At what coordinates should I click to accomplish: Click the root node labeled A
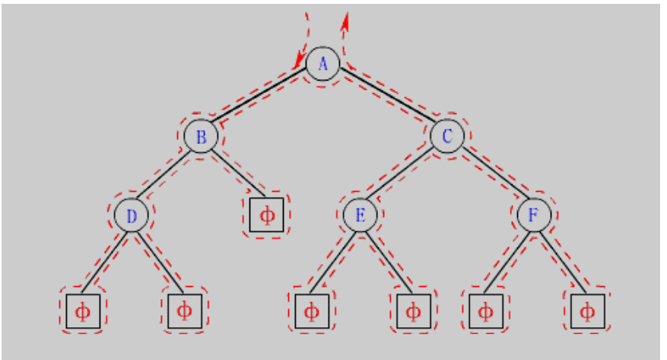tap(322, 63)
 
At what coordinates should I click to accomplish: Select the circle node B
tap(202, 137)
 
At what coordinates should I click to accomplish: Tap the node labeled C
tap(447, 137)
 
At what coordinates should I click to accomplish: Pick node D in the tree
tap(131, 216)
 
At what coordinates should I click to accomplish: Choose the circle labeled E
tap(360, 216)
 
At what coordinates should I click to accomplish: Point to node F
tap(534, 216)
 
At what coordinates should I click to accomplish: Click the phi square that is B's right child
tap(267, 215)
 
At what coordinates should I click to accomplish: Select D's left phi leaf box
tap(83, 311)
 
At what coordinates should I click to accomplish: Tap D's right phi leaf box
tap(184, 311)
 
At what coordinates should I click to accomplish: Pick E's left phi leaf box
tap(312, 311)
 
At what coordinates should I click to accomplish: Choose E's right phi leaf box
tap(413, 311)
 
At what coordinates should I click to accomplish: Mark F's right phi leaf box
tap(587, 311)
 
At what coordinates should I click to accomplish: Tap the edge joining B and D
tap(167, 177)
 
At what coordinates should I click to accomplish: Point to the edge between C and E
tap(404, 177)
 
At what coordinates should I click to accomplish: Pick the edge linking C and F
tap(491, 177)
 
